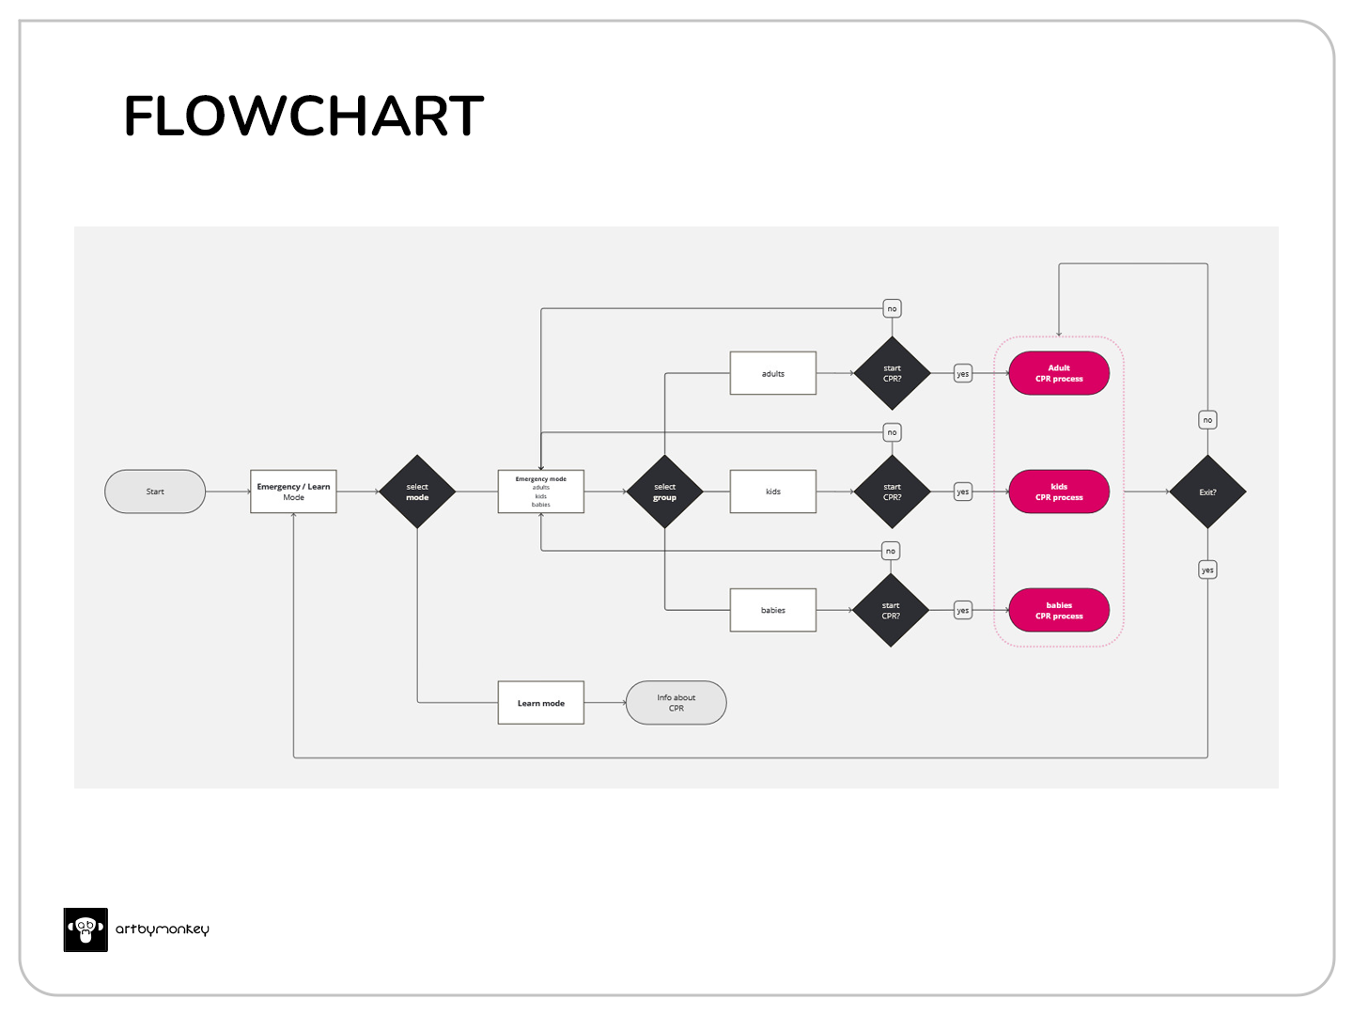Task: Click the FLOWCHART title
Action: (303, 117)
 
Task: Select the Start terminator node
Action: (155, 492)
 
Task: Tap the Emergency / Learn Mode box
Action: (293, 492)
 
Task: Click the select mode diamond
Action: (417, 492)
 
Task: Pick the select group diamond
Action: (664, 492)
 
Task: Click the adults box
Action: (772, 373)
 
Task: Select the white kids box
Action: (772, 492)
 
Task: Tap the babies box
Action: (772, 610)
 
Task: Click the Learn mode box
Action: (540, 703)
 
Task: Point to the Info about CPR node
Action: (676, 703)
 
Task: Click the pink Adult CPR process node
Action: (1059, 373)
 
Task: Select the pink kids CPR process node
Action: (1059, 492)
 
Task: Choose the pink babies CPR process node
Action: (1059, 610)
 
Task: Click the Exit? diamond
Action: (1207, 492)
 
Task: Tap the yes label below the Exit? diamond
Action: (1207, 570)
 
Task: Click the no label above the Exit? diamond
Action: (1207, 420)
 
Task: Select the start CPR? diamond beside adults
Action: (892, 373)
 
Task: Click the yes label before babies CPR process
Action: (962, 610)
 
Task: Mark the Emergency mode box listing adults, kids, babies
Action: (540, 492)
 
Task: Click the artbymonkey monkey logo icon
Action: (86, 929)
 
